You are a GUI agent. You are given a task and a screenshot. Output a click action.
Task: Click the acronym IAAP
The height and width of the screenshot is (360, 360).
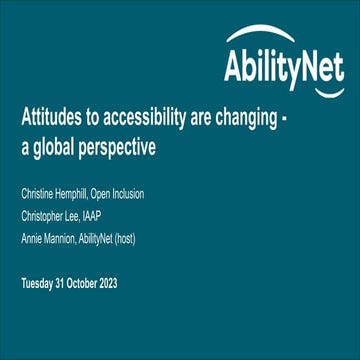(100, 214)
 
